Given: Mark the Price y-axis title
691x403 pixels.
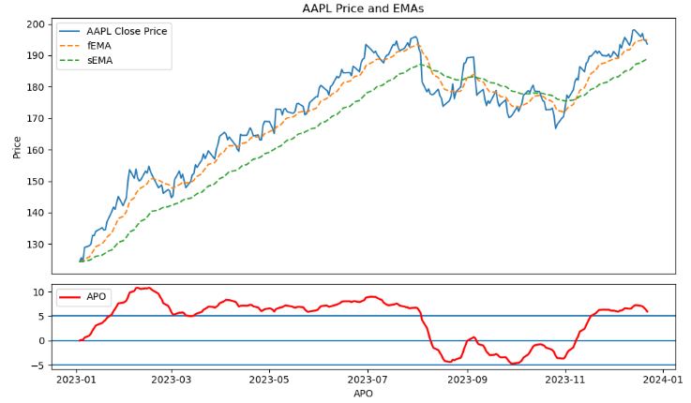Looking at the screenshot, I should coord(15,146).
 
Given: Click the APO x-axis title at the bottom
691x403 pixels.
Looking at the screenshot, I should coord(362,396).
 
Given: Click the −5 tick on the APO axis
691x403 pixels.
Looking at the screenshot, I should coord(36,366).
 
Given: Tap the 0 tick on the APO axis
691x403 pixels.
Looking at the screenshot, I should coord(38,341).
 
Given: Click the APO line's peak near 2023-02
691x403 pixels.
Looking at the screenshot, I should coord(142,288).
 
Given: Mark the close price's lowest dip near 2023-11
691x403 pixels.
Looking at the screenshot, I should coord(555,127).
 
